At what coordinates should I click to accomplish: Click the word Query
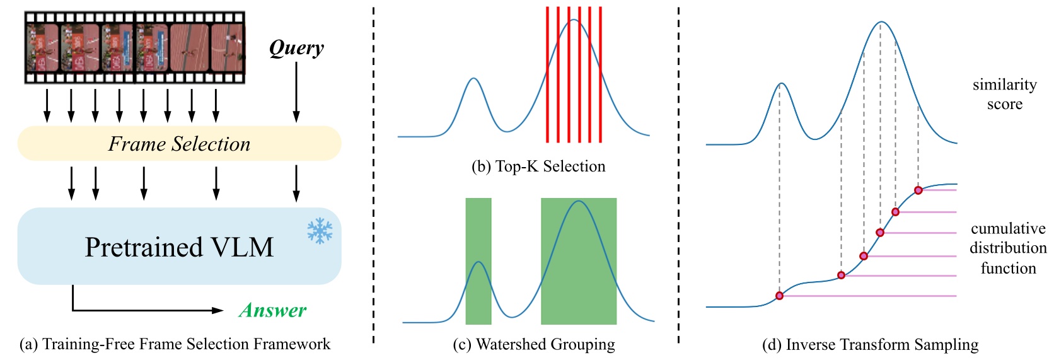[296, 48]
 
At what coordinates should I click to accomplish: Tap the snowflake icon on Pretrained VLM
[320, 231]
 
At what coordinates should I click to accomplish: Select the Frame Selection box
[179, 144]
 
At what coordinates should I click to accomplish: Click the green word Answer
[272, 310]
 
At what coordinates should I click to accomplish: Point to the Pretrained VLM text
[179, 247]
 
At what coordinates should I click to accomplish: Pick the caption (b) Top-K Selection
[538, 166]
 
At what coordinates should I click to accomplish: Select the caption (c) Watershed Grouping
[534, 344]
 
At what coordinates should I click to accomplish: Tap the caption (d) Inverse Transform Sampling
[870, 345]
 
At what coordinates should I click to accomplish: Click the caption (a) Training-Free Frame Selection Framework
[175, 344]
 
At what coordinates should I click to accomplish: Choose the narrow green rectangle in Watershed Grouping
[478, 261]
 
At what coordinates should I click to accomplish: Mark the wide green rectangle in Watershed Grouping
[579, 261]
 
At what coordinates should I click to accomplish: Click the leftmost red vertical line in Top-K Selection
[547, 74]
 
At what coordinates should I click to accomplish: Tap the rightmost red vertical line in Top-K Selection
[600, 74]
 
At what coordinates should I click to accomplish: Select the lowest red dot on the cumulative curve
[780, 296]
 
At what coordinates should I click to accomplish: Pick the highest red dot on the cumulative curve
[918, 190]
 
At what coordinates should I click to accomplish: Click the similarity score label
[1004, 94]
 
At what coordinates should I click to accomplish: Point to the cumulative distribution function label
[1008, 248]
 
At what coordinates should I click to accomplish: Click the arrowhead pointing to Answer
[218, 310]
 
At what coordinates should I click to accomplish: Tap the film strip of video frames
[134, 47]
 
